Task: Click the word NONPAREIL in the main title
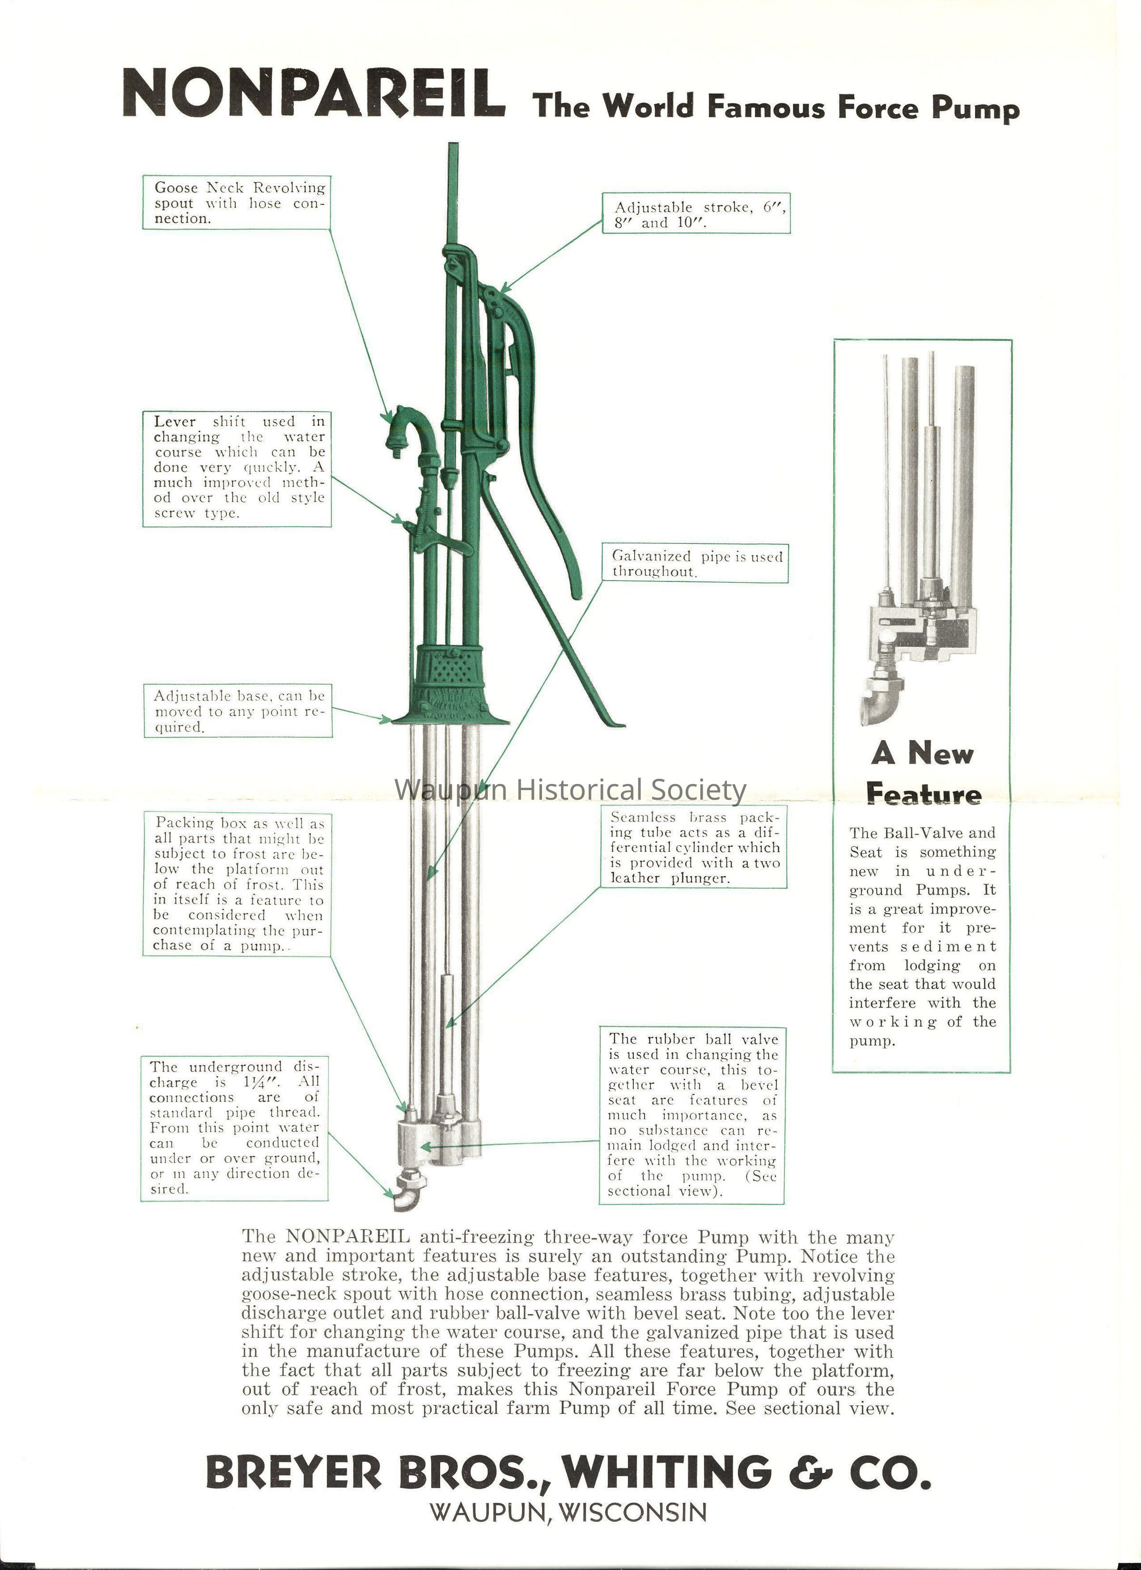point(314,94)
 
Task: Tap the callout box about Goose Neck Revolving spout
point(236,203)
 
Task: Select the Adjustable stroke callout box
point(696,214)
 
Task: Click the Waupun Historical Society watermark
point(570,789)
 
